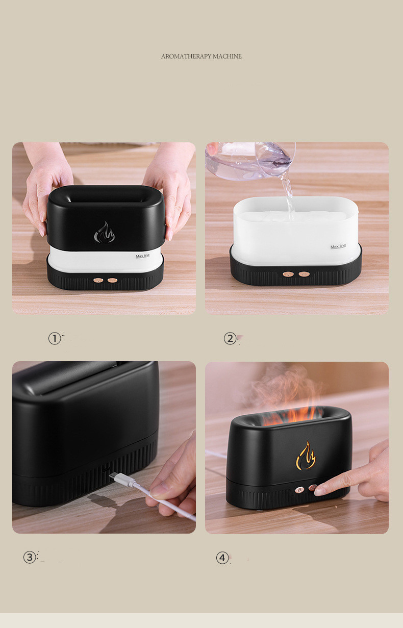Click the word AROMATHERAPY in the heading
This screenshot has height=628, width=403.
click(x=186, y=56)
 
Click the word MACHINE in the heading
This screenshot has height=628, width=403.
click(x=228, y=56)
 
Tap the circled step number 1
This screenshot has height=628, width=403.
click(x=55, y=338)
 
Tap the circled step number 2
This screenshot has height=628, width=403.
click(x=230, y=338)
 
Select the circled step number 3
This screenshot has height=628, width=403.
click(x=30, y=557)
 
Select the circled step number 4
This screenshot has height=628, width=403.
click(x=222, y=558)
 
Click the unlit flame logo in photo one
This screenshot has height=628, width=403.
click(x=104, y=232)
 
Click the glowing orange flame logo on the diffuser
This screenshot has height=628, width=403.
click(x=306, y=455)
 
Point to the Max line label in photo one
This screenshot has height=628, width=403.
click(x=143, y=256)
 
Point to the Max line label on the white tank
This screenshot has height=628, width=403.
click(x=338, y=246)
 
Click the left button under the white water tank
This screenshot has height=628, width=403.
click(x=288, y=274)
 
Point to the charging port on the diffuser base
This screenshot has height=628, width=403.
click(x=106, y=469)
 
